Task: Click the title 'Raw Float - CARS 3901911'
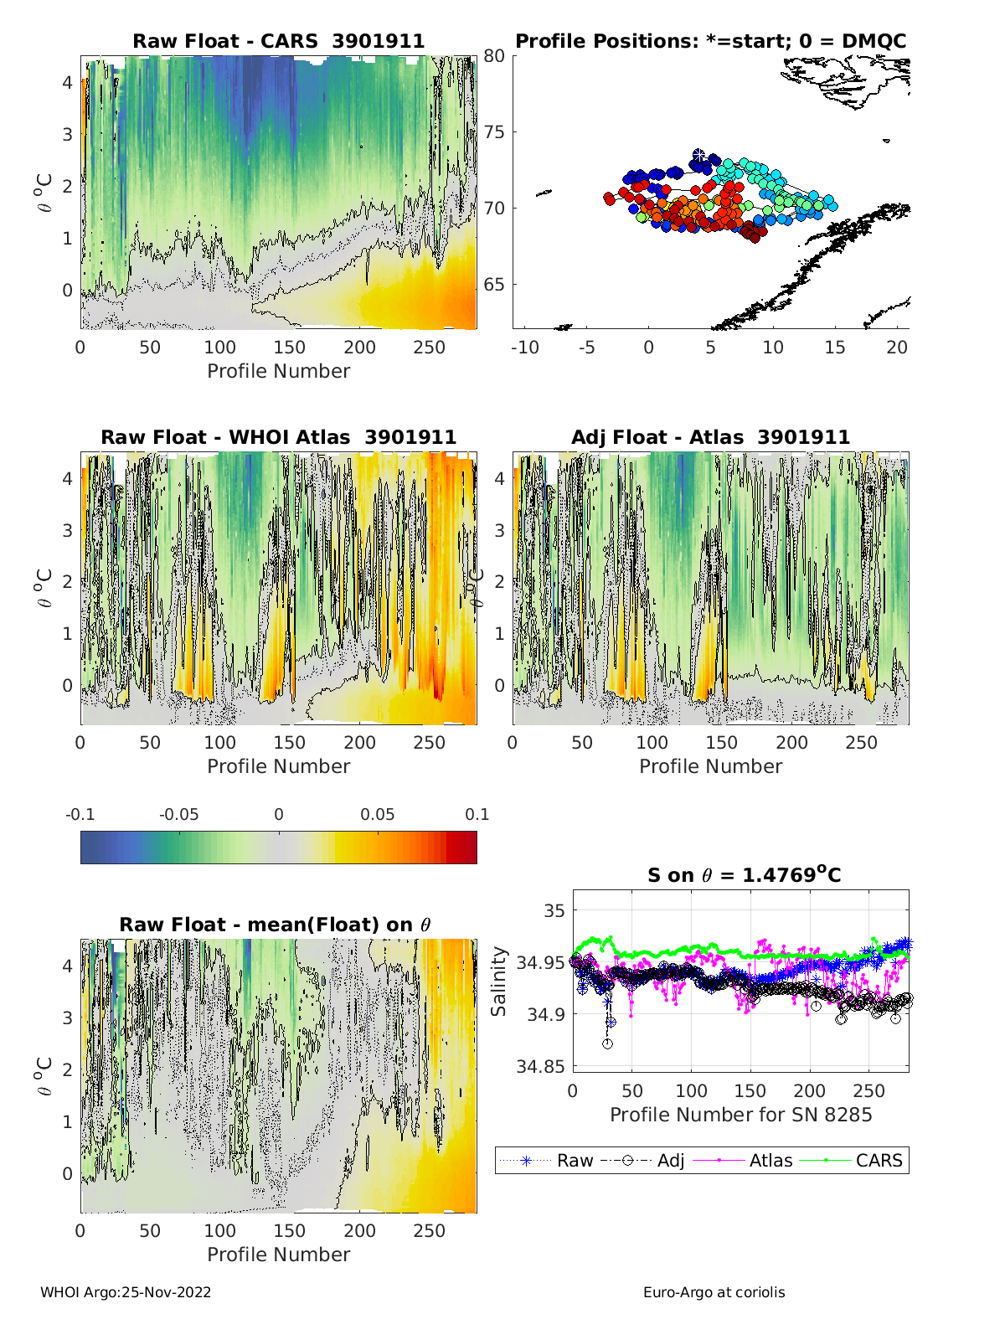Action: pos(278,42)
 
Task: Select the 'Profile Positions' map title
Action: pos(710,42)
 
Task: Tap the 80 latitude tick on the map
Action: pos(494,56)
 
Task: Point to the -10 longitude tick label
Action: pos(524,347)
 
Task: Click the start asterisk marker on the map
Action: pos(699,156)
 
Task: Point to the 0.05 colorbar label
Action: pos(378,814)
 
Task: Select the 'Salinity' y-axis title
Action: pos(499,982)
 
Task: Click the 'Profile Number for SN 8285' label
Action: pos(740,1115)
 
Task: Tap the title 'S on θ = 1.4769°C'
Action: pos(744,875)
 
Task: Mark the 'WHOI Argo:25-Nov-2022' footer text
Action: pos(126,1292)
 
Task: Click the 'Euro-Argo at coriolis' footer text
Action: pos(714,1292)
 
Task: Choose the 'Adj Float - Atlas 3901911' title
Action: pos(710,437)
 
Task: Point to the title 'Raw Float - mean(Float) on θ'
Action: pos(275,925)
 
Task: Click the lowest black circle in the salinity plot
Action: pos(607,1043)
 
